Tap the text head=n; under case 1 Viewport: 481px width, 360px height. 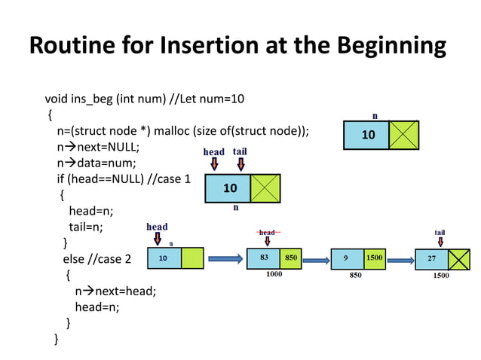[x=91, y=211]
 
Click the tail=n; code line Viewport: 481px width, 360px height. [x=86, y=227]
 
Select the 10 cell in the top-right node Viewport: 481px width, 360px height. [x=368, y=135]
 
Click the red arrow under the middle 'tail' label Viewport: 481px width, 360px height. [x=240, y=164]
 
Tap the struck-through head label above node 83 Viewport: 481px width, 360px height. [x=267, y=233]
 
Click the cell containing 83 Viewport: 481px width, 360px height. [x=264, y=258]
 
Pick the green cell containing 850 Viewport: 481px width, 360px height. [x=291, y=258]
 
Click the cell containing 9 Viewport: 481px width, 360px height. [x=347, y=258]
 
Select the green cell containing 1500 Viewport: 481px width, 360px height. [x=375, y=258]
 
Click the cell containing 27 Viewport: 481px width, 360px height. [x=431, y=258]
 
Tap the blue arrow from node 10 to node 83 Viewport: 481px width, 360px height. [x=225, y=259]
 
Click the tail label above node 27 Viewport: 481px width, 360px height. [x=440, y=232]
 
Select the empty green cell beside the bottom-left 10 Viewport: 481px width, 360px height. [x=192, y=258]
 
